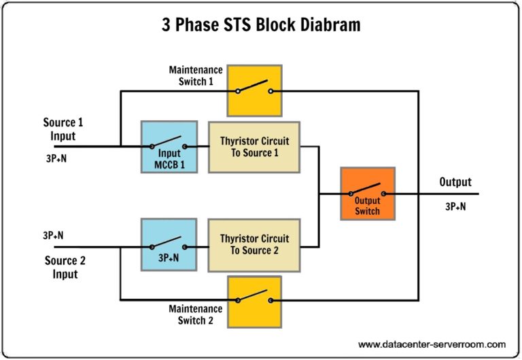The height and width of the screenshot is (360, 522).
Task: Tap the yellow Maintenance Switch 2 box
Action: [254, 300]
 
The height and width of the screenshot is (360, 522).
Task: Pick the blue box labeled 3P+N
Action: [169, 245]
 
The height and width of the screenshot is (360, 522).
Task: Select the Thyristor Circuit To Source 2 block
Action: [254, 245]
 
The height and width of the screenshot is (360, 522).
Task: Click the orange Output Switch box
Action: [367, 194]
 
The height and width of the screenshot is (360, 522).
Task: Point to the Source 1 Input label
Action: [59, 129]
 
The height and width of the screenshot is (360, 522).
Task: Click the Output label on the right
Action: [455, 182]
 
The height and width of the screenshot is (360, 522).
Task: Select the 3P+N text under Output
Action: [455, 206]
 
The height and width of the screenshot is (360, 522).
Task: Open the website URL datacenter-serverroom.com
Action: [432, 344]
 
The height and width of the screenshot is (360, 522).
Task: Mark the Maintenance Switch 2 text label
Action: [196, 314]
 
